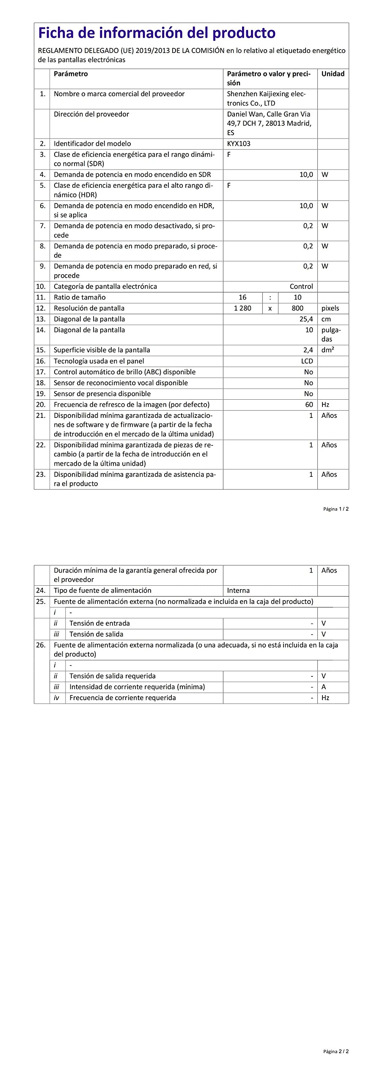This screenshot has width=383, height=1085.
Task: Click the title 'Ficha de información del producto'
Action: click(157, 33)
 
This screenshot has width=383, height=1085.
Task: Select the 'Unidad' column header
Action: click(333, 74)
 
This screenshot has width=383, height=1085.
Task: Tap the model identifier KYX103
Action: click(239, 144)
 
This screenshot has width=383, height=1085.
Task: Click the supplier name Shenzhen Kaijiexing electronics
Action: click(266, 98)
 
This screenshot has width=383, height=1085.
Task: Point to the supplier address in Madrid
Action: click(269, 123)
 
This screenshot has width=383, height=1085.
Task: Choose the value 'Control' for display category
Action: click(301, 287)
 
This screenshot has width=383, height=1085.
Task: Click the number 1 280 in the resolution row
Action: click(242, 308)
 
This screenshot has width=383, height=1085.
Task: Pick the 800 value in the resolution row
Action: click(298, 308)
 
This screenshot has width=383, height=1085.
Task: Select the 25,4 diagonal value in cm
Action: click(306, 319)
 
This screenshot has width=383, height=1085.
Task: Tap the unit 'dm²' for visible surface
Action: click(328, 350)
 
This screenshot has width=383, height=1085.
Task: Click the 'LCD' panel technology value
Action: click(307, 361)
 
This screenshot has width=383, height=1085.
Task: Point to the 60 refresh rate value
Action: click(309, 405)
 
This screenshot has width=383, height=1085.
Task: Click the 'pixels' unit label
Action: click(330, 308)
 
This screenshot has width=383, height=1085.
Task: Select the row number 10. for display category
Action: click(41, 287)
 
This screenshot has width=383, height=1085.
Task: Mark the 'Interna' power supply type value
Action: click(238, 590)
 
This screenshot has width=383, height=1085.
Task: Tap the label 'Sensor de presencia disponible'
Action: click(102, 394)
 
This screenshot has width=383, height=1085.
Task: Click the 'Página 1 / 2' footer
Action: click(336, 509)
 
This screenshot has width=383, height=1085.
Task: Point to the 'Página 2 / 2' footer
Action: click(336, 1052)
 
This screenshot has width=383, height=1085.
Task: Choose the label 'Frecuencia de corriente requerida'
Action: click(123, 698)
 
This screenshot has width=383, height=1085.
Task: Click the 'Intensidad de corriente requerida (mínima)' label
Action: click(137, 687)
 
